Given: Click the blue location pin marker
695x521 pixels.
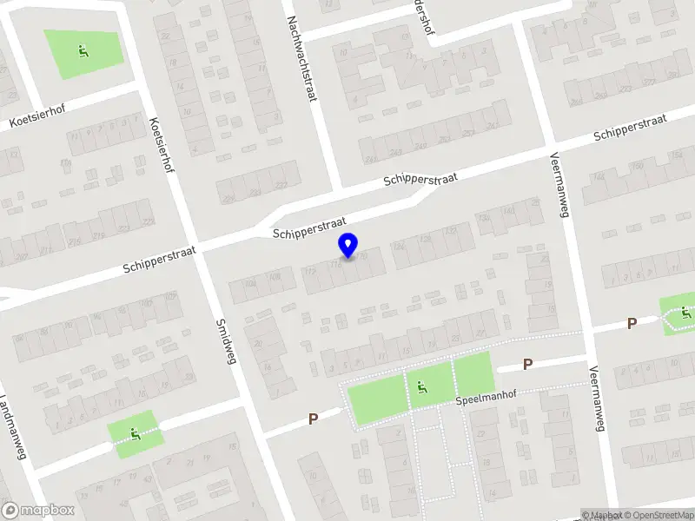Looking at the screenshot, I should tap(348, 246).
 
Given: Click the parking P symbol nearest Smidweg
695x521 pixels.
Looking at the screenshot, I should tap(313, 419).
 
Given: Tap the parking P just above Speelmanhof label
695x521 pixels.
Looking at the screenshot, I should tap(526, 365).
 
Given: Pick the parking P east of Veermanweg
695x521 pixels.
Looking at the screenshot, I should tap(632, 323).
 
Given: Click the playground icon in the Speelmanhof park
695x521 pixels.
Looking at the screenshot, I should tap(421, 388).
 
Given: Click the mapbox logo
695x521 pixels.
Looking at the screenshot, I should tap(38, 511).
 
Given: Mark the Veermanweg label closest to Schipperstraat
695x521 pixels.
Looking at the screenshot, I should tap(558, 186).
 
